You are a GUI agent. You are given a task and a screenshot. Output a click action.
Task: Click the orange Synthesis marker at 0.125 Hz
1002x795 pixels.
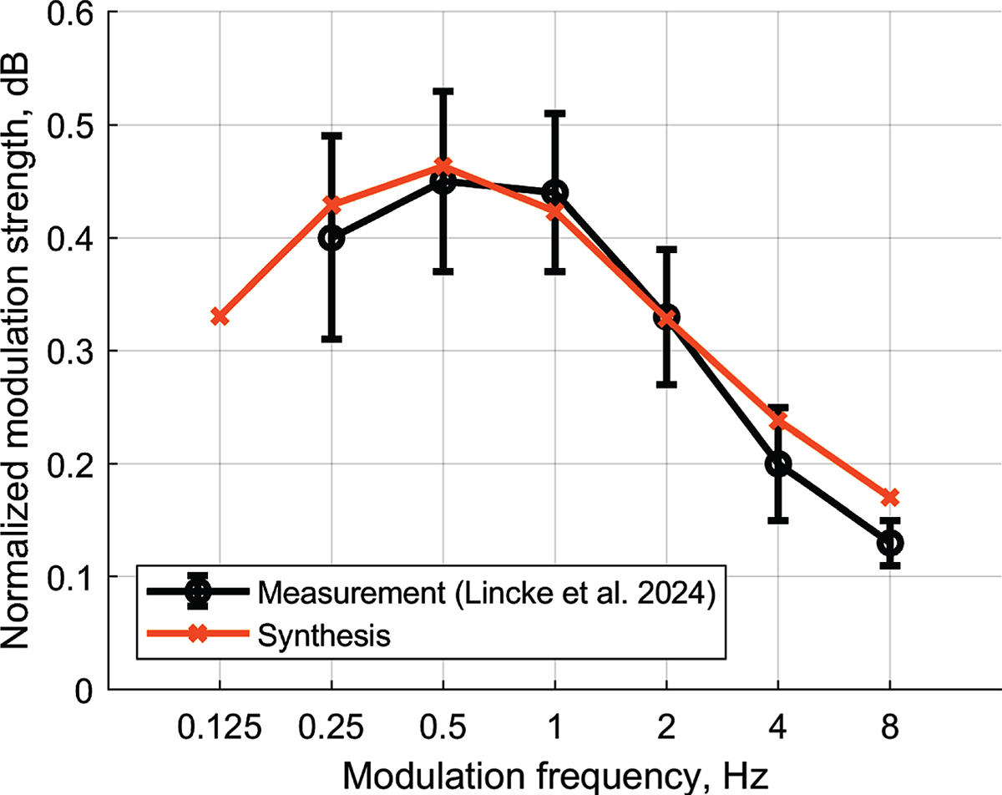220,316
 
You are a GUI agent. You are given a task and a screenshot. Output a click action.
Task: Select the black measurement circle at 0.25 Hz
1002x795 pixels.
331,238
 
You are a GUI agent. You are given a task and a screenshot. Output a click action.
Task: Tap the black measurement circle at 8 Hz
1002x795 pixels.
890,543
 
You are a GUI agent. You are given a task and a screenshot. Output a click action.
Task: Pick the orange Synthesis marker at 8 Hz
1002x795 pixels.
890,498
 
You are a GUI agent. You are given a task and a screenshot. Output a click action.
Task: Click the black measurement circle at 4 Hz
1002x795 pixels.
778,463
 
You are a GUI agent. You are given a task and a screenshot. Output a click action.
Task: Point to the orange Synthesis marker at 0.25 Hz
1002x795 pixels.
331,205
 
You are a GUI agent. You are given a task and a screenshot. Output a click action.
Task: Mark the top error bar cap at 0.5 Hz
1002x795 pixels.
443,90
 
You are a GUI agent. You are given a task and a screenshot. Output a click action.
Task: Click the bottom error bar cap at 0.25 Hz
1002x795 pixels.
331,339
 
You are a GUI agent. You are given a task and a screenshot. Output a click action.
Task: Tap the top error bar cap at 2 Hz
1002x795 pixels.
666,249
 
